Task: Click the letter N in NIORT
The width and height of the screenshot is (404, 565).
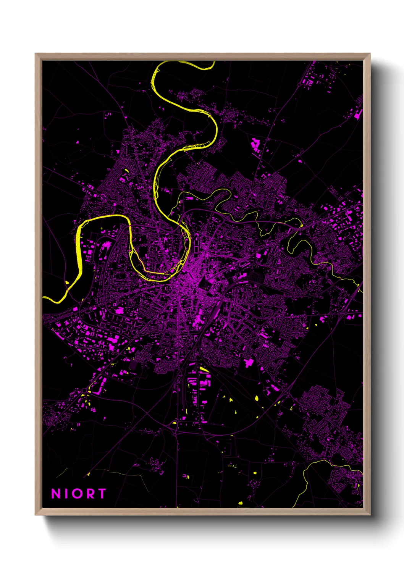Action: point(56,494)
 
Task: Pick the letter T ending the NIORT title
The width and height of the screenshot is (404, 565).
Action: point(101,494)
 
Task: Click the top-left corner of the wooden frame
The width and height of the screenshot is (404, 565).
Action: point(36,54)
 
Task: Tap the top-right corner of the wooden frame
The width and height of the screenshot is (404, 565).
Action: point(370,54)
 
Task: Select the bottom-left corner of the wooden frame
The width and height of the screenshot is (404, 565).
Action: point(36,515)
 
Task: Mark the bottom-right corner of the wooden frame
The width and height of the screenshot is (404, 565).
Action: point(370,515)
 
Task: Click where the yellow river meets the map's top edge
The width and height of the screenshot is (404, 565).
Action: point(212,62)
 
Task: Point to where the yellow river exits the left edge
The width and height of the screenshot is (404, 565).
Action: point(44,297)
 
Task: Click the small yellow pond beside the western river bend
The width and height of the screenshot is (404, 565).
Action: point(68,282)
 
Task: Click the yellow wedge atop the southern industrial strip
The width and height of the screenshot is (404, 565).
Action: point(204,369)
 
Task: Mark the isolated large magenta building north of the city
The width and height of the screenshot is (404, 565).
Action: point(255,145)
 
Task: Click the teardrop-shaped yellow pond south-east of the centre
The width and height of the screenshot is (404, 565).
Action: point(256,398)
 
